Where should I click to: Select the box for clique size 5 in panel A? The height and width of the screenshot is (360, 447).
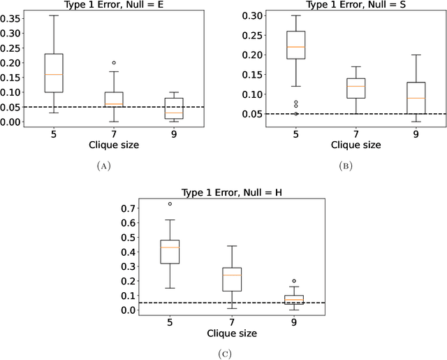(x=54, y=73)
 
